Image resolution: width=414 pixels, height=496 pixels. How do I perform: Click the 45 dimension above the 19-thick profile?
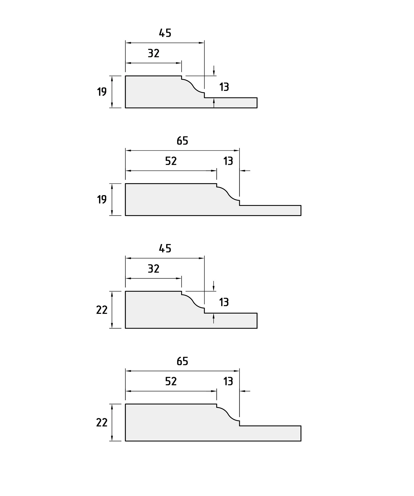tap(165, 33)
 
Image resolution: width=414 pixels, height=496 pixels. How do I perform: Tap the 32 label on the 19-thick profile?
tap(154, 53)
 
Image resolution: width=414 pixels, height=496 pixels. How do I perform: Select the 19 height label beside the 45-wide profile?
tap(102, 92)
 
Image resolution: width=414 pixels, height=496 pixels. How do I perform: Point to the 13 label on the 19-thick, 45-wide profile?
tap(224, 87)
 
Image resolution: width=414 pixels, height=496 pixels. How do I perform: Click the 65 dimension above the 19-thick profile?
tap(182, 141)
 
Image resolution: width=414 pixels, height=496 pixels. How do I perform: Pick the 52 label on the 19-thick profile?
tap(171, 161)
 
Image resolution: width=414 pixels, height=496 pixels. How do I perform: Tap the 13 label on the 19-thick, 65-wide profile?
tap(228, 161)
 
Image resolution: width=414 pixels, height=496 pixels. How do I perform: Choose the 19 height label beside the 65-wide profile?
tap(102, 199)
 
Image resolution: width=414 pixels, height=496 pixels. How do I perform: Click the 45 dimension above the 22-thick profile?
tap(165, 249)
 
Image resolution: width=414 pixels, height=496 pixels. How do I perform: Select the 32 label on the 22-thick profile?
tap(154, 269)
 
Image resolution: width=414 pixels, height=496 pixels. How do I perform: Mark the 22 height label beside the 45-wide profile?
tap(102, 310)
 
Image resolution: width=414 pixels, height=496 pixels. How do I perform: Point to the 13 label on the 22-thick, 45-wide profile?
tap(224, 302)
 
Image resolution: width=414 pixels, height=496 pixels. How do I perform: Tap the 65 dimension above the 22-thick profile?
tap(182, 361)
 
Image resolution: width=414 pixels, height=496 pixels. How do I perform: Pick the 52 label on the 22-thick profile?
tap(171, 381)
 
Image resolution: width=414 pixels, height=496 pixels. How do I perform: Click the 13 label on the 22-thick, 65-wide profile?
tap(228, 381)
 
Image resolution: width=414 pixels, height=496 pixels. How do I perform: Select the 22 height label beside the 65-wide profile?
tap(102, 422)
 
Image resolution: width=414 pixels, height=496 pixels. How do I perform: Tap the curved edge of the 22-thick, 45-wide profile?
tap(193, 301)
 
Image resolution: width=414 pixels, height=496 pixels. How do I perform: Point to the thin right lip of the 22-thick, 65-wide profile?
tap(270, 433)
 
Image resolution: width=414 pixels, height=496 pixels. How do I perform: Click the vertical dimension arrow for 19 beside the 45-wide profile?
tap(112, 92)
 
